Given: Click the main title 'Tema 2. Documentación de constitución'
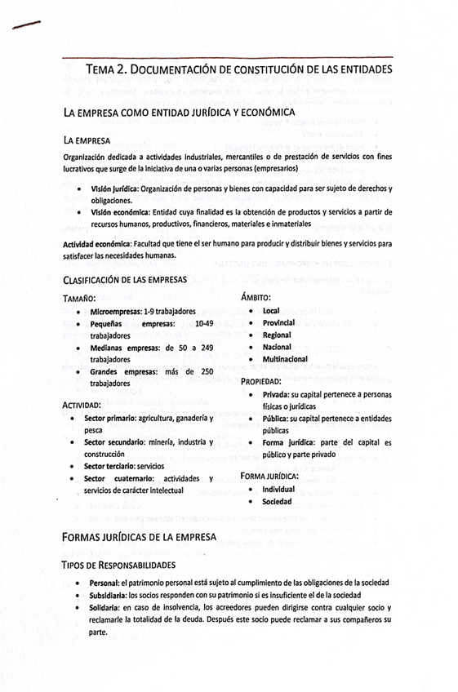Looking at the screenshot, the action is [238, 70].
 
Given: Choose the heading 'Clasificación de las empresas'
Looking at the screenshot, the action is [125, 280].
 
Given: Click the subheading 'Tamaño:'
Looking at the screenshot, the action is [79, 298].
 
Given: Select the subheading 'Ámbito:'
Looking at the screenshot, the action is [256, 298].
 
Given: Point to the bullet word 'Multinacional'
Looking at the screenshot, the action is [285, 359].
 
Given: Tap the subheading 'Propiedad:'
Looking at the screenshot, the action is [261, 381].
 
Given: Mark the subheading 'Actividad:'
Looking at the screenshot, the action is [82, 405].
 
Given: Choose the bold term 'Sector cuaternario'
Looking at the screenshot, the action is [114, 478].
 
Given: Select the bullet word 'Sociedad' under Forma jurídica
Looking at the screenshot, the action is [277, 501].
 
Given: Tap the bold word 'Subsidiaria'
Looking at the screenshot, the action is [113, 596].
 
